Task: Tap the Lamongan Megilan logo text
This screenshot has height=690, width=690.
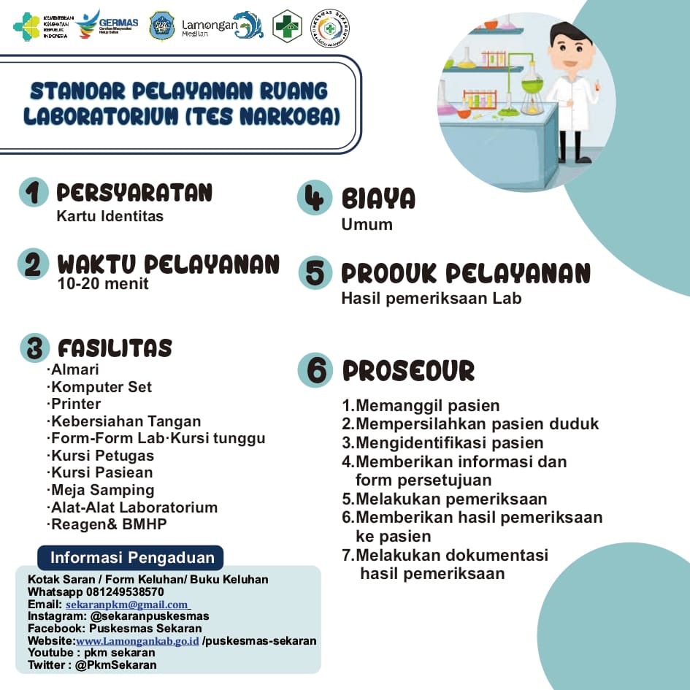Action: (209, 27)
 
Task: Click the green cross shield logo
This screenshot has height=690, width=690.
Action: (287, 26)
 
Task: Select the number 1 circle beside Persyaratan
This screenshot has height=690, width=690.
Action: (34, 192)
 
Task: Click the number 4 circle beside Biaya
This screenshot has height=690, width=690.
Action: (314, 197)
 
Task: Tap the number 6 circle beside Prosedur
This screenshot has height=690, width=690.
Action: (315, 370)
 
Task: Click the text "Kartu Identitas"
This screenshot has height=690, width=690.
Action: (110, 216)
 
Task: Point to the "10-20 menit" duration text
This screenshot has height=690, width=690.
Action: (103, 284)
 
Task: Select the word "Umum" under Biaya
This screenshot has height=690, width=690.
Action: (367, 224)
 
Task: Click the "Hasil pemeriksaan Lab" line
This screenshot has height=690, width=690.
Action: (431, 298)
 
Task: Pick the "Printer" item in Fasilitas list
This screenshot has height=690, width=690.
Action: (75, 404)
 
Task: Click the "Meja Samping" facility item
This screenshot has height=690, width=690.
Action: (102, 490)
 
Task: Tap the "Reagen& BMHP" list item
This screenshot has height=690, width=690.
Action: (108, 524)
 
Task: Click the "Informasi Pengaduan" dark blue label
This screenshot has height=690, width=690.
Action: (131, 559)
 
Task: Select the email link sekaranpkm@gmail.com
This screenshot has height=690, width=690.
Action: (127, 605)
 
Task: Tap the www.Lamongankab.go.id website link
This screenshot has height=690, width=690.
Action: (137, 641)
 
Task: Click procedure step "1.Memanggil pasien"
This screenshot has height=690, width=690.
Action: (421, 406)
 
